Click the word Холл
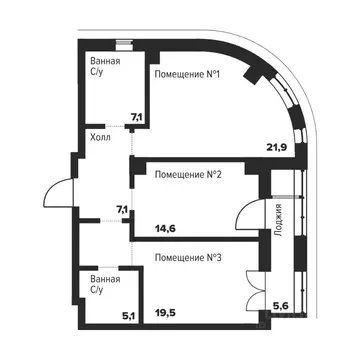pyautogui.click(x=100, y=137)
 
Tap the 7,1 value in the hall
pyautogui.click(x=122, y=209)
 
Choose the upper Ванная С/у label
pyautogui.click(x=106, y=67)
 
